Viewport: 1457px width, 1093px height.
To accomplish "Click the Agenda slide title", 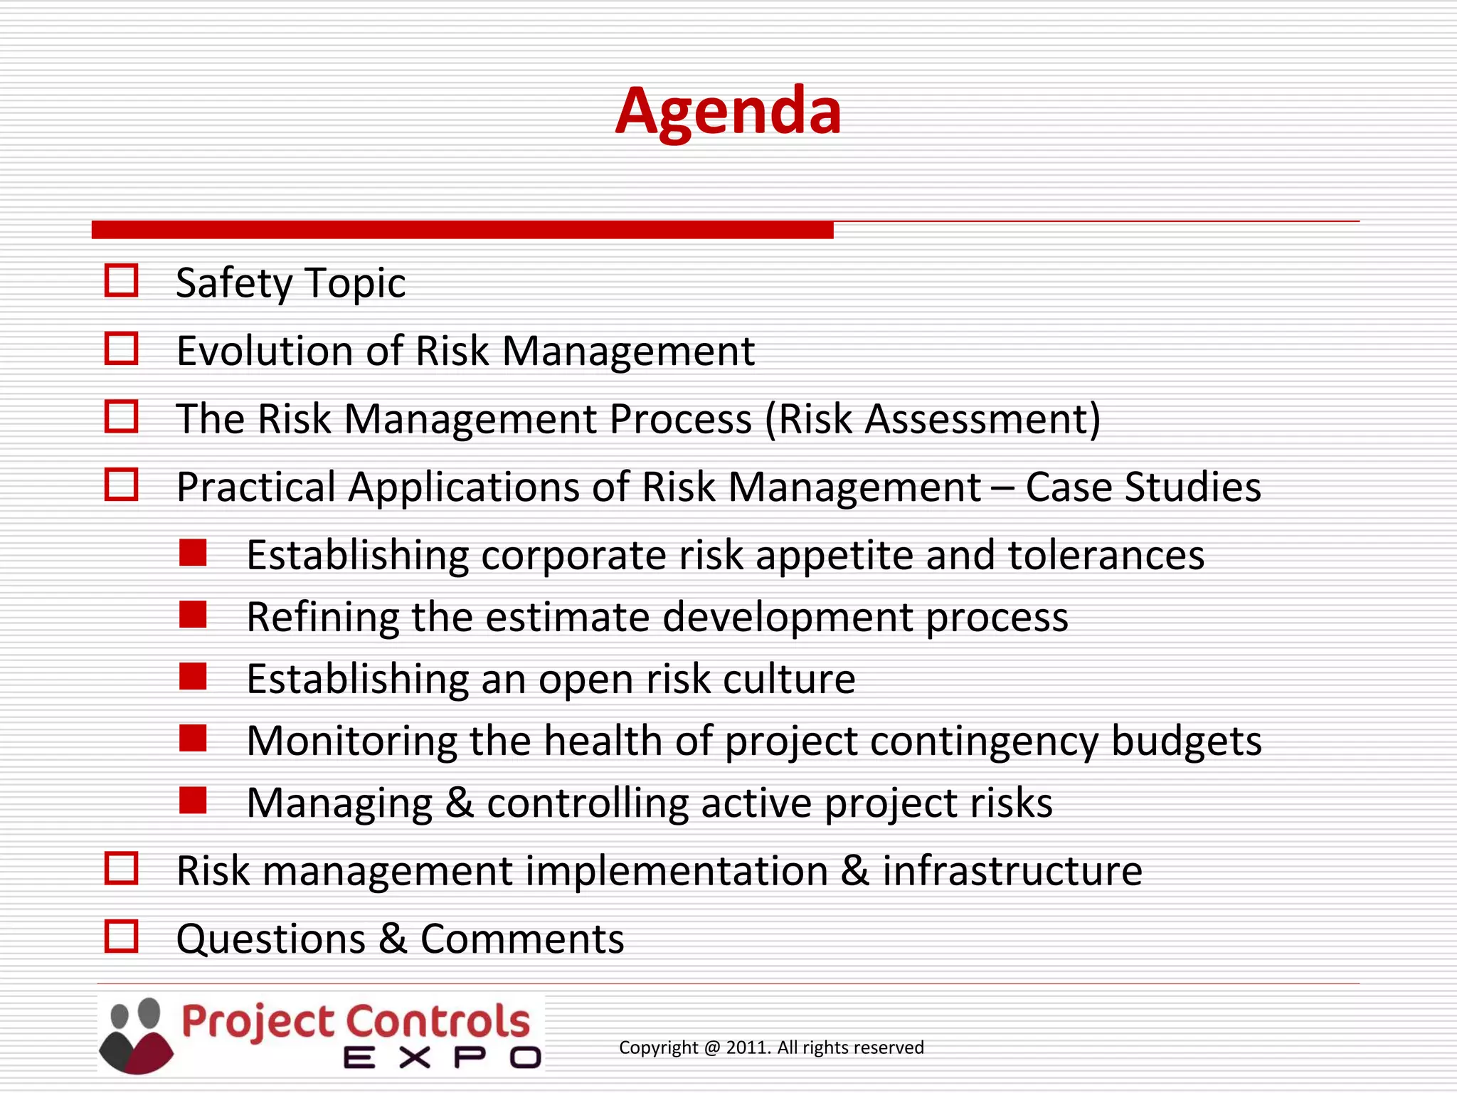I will (728, 111).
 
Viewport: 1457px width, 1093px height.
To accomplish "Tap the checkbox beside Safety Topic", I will (121, 280).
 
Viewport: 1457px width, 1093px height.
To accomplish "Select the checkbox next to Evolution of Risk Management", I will (121, 349).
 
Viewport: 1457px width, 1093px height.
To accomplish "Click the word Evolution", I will (265, 351).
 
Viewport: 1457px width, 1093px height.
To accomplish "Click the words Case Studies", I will (1143, 487).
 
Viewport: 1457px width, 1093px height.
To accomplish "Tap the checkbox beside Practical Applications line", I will (121, 485).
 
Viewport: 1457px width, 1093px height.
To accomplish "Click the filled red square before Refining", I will (193, 615).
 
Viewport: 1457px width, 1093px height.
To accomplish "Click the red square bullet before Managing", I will (193, 800).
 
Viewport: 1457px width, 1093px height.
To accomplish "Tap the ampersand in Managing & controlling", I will (460, 803).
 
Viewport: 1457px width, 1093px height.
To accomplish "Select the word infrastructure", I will (1012, 871).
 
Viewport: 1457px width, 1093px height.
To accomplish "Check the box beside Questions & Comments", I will (121, 936).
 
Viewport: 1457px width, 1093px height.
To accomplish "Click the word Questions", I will (270, 939).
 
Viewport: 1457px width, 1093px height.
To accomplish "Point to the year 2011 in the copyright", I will (748, 1047).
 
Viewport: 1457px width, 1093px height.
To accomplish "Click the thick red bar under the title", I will (462, 230).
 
